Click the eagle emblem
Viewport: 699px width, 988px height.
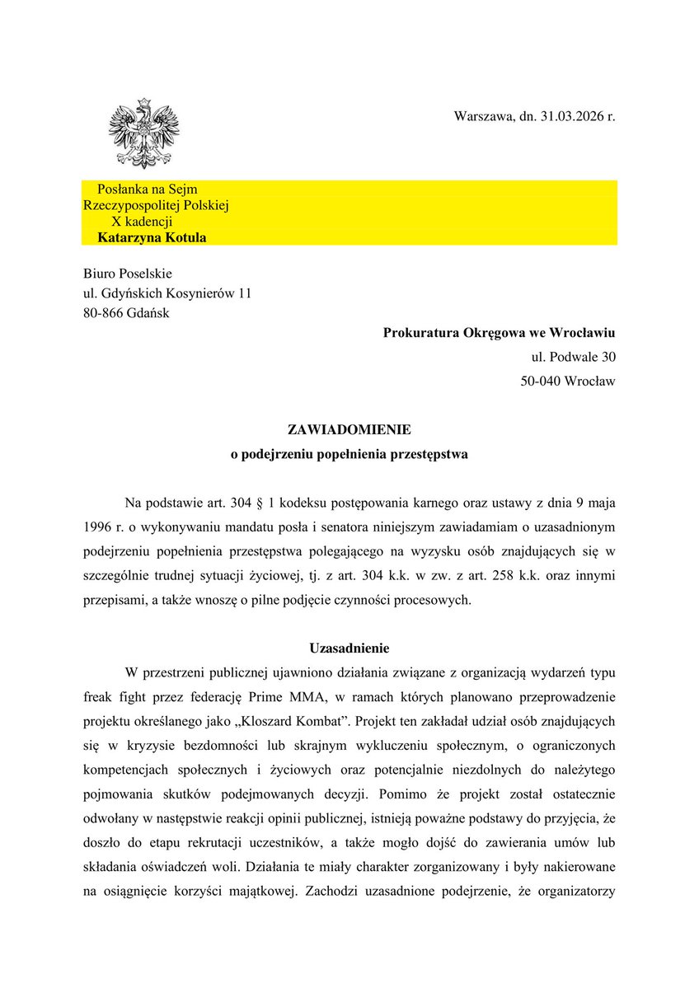[x=143, y=134]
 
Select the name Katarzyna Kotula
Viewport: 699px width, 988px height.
[x=152, y=238]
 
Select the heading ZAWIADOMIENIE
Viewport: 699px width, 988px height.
[x=349, y=430]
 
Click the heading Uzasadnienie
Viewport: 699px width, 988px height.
[x=349, y=648]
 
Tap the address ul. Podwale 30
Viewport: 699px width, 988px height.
[x=573, y=357]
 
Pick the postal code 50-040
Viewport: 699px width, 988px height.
[x=542, y=381]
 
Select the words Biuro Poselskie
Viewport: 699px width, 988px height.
[x=128, y=273]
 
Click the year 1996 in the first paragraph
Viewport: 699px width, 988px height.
[x=97, y=526]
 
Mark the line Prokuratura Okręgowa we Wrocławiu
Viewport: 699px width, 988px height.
[x=499, y=333]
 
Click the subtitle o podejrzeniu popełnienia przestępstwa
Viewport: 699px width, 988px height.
[x=349, y=454]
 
